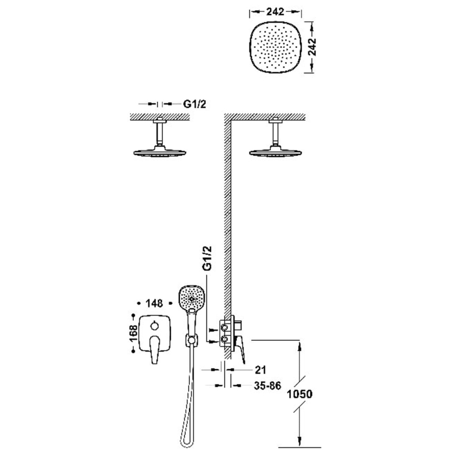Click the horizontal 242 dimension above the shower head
(275, 11)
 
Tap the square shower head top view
(275, 47)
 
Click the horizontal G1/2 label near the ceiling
(195, 104)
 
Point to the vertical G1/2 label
(207, 258)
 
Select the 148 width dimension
(154, 303)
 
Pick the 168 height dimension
(133, 333)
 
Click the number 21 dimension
(260, 370)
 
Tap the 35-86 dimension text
(267, 386)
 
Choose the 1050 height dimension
(300, 394)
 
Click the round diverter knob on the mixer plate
(155, 326)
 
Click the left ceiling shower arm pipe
(160, 133)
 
